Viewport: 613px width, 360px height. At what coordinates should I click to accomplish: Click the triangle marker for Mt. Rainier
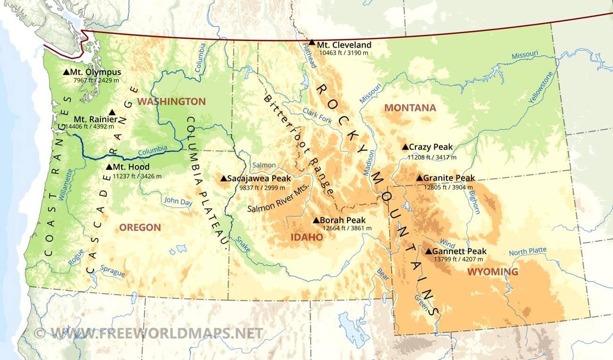point(112,112)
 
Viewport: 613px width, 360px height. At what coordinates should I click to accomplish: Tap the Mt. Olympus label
point(95,72)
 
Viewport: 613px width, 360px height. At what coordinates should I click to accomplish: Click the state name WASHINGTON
point(171,101)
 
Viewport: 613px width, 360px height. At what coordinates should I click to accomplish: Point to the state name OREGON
point(140,227)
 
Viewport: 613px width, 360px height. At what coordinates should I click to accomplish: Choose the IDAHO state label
point(306,237)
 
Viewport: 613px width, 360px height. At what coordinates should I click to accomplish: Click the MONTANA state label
point(410,108)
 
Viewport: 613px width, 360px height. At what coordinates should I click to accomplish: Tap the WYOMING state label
point(492,272)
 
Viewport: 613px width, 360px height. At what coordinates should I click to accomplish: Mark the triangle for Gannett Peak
point(428,251)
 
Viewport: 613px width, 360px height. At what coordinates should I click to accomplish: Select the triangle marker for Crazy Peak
point(405,147)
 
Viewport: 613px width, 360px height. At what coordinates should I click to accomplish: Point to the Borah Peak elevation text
point(347,228)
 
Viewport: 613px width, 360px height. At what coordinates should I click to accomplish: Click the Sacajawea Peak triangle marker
point(224,178)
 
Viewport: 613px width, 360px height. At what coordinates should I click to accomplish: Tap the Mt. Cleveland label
point(344,45)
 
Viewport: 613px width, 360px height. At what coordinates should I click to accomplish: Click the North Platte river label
point(527,251)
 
